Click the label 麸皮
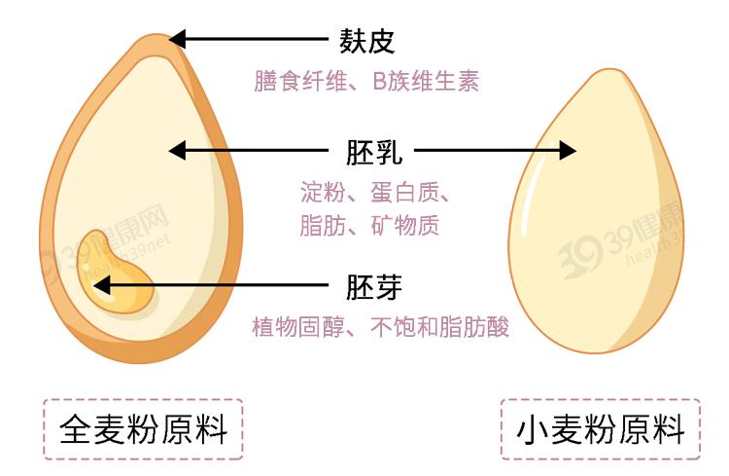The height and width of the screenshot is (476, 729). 366,41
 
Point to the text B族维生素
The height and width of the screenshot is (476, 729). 426,82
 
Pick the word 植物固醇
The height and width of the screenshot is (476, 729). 288,326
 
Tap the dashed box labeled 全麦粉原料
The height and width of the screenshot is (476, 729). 143,429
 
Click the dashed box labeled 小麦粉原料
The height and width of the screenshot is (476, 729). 599,429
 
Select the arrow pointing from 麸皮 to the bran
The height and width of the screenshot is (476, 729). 248,40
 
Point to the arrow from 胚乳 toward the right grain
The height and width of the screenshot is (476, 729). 496,151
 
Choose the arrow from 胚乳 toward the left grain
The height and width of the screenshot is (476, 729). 248,151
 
